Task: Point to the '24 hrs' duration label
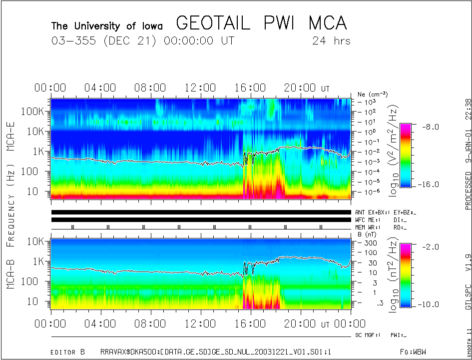point(331,40)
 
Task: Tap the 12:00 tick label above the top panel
point(200,88)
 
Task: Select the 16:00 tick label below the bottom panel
point(250,324)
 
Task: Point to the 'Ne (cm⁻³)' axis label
point(373,94)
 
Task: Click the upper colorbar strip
point(406,155)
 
